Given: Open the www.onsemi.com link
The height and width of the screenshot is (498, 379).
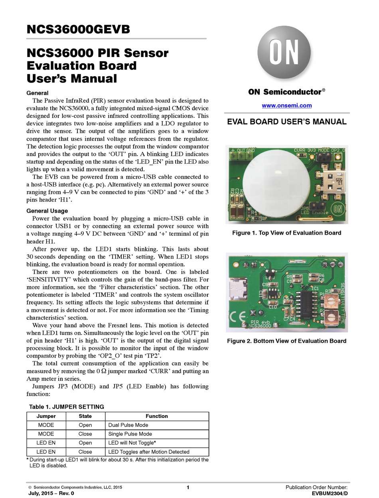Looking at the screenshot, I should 286,106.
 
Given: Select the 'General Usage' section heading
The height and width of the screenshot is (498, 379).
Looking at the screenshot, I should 47,211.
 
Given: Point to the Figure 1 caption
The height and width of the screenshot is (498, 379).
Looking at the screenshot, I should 286,233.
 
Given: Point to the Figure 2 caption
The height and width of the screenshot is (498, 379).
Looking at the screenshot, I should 286,341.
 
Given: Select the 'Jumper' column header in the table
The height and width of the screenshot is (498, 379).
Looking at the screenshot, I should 46,416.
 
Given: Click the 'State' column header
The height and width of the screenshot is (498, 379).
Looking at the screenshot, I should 85,416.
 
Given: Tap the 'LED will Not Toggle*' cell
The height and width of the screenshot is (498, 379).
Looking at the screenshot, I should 132,443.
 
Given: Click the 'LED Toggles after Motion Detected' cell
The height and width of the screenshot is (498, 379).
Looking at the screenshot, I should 149,452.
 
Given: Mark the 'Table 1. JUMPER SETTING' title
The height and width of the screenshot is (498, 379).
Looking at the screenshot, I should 67,407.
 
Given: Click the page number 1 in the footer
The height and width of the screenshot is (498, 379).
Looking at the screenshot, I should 188,487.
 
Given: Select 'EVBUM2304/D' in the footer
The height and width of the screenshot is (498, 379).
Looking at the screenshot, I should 330,494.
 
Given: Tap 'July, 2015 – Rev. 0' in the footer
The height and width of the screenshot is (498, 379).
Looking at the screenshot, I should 51,494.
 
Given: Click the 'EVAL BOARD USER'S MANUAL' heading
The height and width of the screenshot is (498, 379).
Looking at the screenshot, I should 286,122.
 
